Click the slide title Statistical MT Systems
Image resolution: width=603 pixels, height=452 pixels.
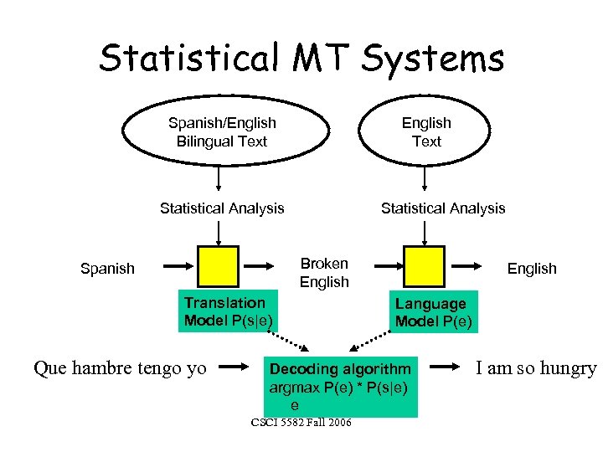pyautogui.click(x=301, y=59)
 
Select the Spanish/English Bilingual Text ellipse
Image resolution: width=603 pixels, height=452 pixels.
pyautogui.click(x=222, y=132)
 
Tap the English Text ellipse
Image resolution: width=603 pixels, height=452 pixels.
pyautogui.click(x=426, y=132)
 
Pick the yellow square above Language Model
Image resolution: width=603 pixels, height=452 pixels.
pyautogui.click(x=423, y=266)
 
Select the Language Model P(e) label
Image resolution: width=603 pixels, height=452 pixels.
pyautogui.click(x=433, y=313)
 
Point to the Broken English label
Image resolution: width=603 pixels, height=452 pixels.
pyautogui.click(x=324, y=273)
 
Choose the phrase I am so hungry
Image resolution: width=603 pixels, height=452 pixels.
pyautogui.click(x=536, y=367)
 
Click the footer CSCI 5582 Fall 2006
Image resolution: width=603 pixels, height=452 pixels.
pyautogui.click(x=301, y=423)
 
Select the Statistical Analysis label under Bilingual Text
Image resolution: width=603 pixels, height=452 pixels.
pyautogui.click(x=222, y=208)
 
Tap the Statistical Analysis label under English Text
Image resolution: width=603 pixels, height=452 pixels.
pyautogui.click(x=443, y=208)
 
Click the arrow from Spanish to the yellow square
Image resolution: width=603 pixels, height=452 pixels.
pyautogui.click(x=176, y=266)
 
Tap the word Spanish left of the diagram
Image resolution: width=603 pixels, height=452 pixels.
pyautogui.click(x=107, y=269)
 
